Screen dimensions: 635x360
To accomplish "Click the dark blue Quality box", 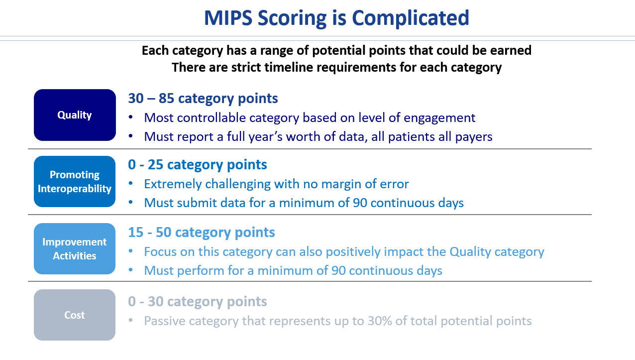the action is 75,115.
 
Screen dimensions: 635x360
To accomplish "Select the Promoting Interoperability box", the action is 75,182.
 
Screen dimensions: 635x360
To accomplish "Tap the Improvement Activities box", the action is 75,249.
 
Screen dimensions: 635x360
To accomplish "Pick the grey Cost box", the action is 75,315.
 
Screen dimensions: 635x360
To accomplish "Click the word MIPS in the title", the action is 228,18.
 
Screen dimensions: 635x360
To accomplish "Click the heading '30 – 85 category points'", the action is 203,99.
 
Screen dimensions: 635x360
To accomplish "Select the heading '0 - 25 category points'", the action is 197,165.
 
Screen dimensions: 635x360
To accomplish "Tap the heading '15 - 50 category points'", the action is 202,233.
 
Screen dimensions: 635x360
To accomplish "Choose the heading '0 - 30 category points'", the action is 197,302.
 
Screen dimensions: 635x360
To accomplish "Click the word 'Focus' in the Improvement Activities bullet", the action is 160,251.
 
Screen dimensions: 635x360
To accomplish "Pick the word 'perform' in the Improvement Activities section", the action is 201,271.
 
